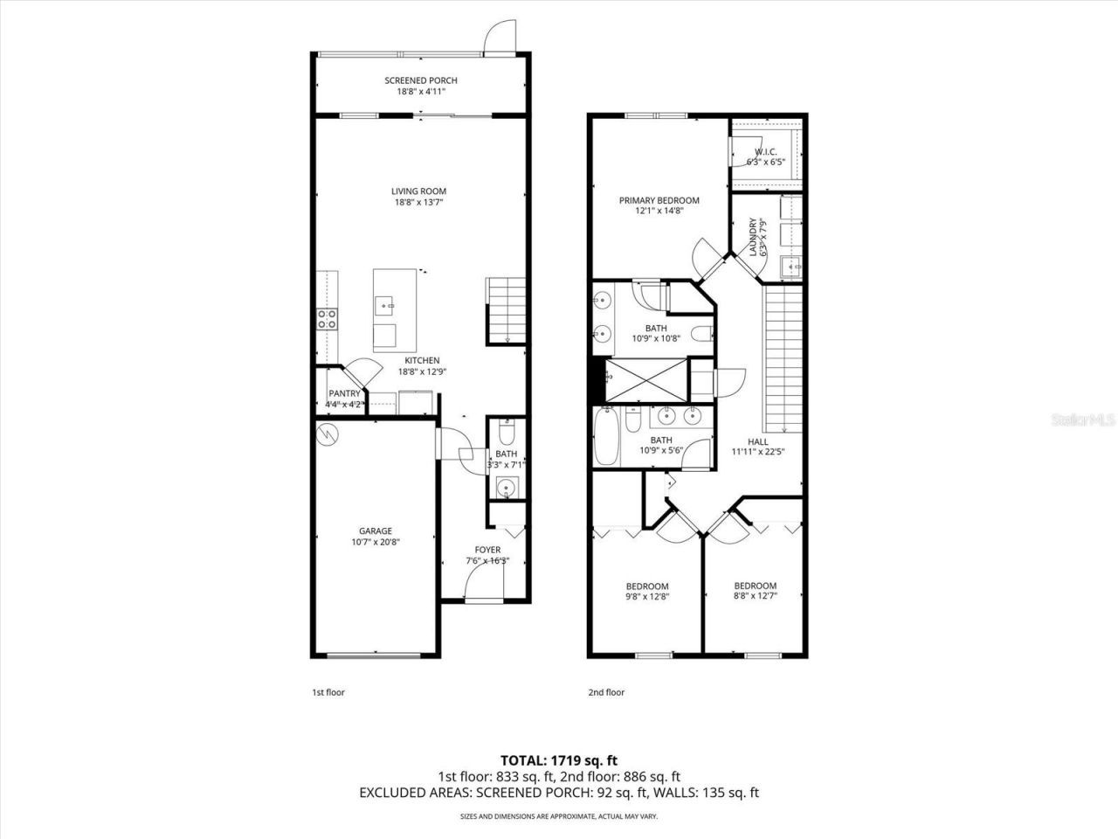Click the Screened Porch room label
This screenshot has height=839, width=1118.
[421, 80]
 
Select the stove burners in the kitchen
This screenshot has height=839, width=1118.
[328, 319]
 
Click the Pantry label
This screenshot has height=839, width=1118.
[344, 394]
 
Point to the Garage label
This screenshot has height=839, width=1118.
[376, 530]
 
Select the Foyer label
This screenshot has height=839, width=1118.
[487, 550]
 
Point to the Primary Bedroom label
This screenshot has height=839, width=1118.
[659, 200]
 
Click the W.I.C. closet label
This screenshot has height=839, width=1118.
[765, 151]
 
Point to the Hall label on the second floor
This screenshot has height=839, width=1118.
[758, 441]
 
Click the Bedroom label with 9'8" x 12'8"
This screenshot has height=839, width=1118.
[647, 586]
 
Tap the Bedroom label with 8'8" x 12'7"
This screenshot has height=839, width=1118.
[755, 586]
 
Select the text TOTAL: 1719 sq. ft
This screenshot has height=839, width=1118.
[558, 759]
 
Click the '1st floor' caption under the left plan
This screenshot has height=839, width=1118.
[328, 692]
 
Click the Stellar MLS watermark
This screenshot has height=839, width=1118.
[1082, 420]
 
